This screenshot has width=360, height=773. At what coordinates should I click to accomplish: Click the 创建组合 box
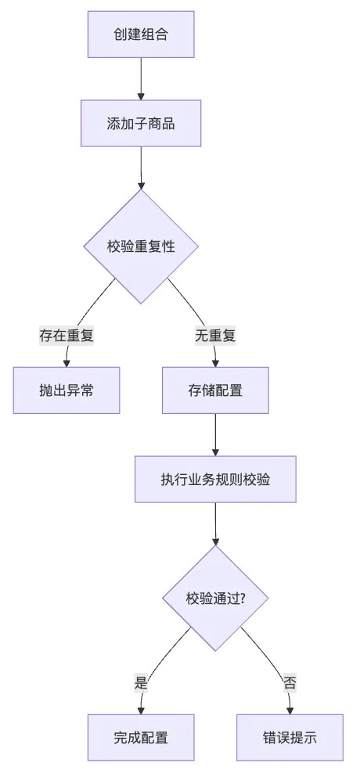point(141,34)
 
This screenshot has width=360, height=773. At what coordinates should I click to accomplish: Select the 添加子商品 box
point(141,124)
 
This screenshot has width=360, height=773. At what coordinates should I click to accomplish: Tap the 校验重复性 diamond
point(141,246)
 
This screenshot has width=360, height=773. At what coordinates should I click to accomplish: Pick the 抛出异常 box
point(67,390)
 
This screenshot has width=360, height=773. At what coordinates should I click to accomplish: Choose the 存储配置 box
point(215,390)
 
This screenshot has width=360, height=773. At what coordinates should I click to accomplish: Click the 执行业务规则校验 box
point(215,479)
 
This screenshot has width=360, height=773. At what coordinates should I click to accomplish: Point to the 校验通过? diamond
point(215,598)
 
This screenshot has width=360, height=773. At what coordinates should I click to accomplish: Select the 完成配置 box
point(141,738)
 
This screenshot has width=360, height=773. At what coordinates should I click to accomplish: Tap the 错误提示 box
point(290,738)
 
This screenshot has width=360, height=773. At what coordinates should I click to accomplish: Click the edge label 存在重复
point(67,336)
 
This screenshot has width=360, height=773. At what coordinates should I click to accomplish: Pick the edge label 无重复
point(215,336)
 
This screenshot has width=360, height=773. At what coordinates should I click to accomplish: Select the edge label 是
point(141,683)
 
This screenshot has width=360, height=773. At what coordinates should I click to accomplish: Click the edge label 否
point(290,683)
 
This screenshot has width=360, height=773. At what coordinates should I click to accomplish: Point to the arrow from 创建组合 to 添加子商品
point(141,79)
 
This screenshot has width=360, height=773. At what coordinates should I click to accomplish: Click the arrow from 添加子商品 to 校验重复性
point(141,168)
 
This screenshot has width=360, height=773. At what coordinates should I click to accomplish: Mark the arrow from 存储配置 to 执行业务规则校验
point(215,435)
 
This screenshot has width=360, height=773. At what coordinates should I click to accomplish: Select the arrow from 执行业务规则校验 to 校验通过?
point(215,524)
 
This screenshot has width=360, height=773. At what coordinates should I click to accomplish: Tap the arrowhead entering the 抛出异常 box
point(67,363)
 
